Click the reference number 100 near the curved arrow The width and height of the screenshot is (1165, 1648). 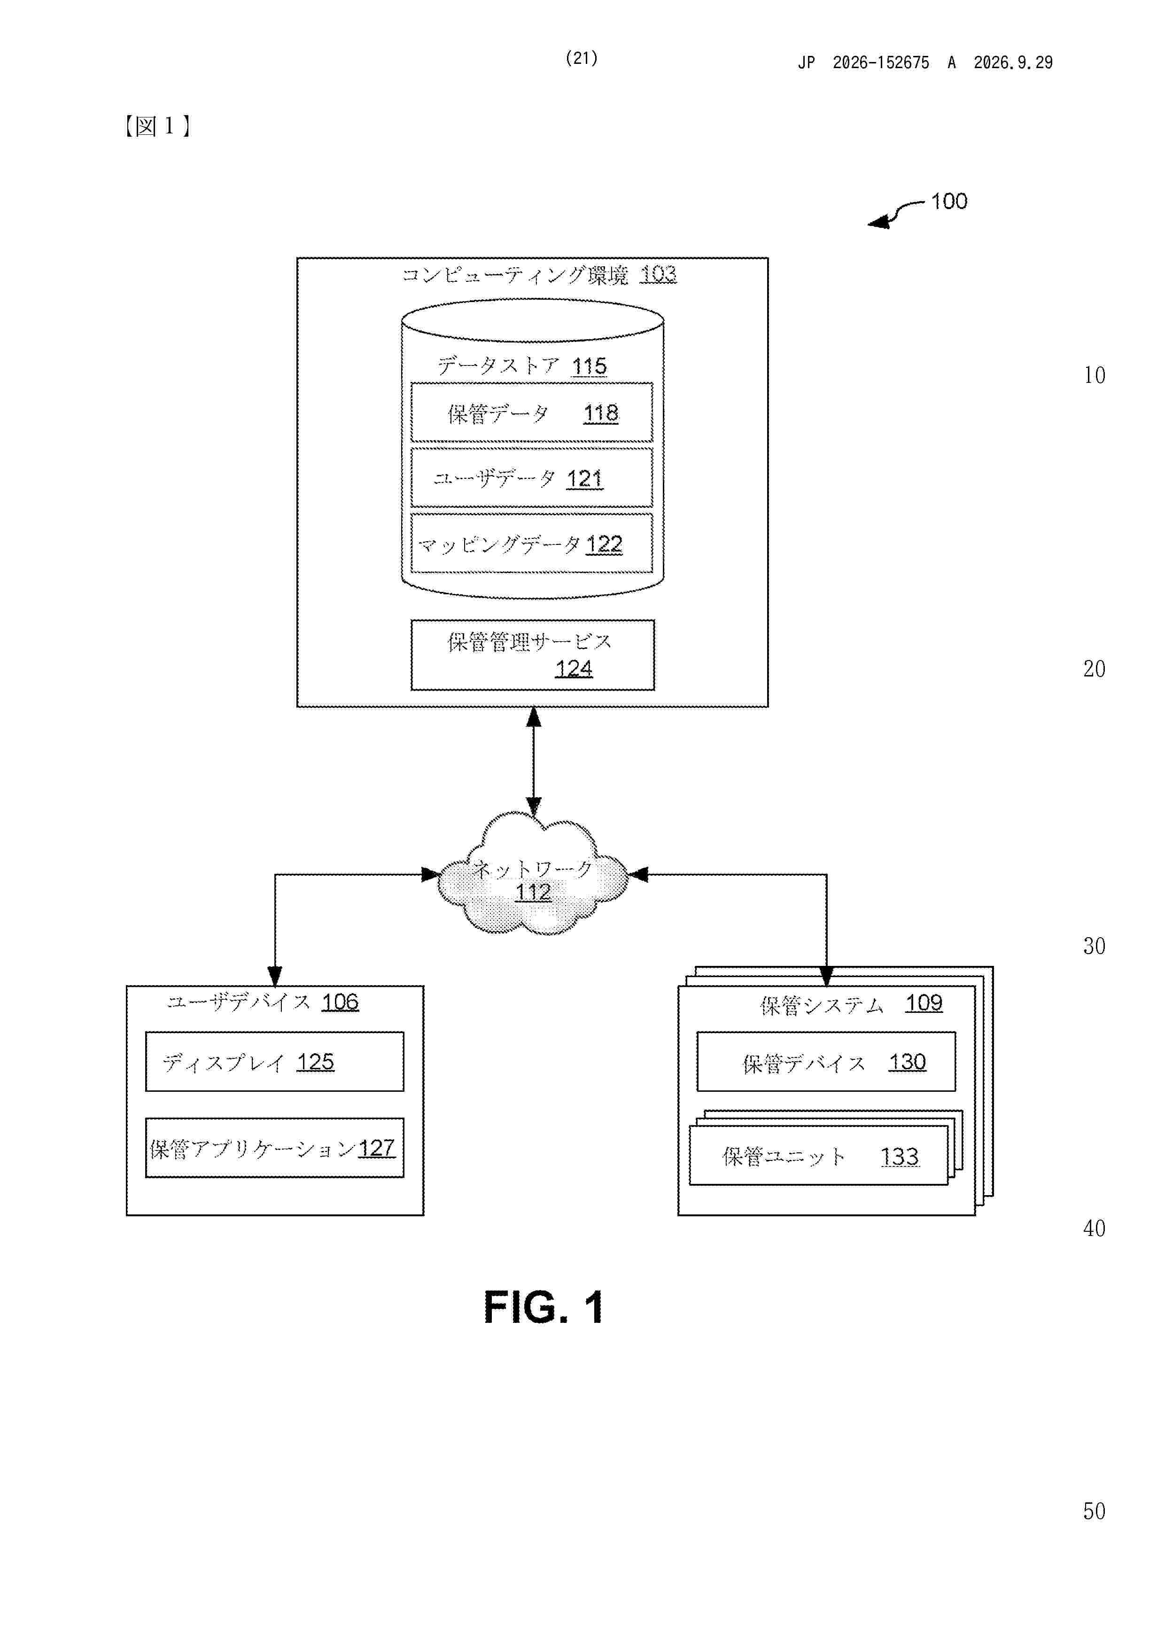949,201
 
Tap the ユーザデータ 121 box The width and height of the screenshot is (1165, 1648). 532,478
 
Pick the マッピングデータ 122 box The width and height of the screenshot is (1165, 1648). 532,544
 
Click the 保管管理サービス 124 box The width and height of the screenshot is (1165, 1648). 533,654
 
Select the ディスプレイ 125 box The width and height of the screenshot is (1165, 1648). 274,1062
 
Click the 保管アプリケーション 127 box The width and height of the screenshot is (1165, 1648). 274,1148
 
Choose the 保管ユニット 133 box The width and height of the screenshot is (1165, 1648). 818,1156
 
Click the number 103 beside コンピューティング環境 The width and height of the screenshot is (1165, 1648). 658,274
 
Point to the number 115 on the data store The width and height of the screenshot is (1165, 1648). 590,366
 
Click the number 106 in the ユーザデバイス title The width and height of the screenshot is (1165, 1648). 340,1002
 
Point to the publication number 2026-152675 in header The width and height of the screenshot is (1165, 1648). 881,62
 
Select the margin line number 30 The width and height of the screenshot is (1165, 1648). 1094,946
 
